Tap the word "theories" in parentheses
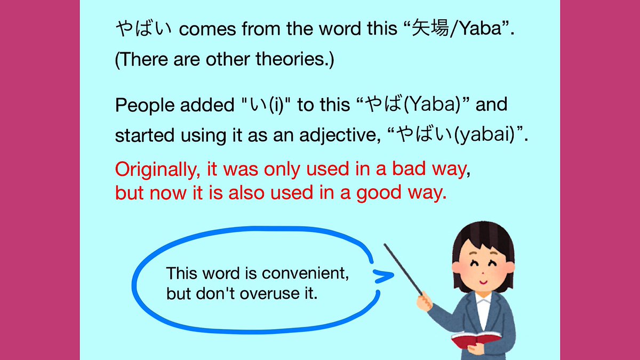click(x=295, y=60)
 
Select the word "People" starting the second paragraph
click(x=142, y=106)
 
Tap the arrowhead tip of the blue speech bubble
click(x=392, y=276)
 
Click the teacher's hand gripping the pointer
click(x=425, y=301)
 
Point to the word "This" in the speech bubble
click(x=181, y=274)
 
